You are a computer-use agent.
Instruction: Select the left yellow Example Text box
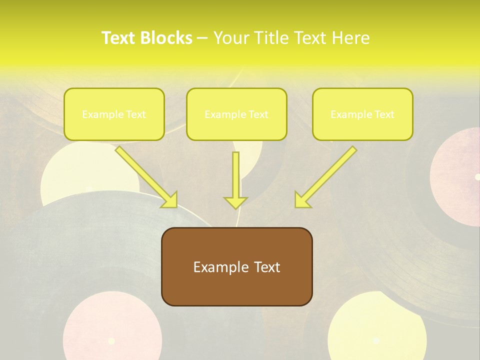click(x=114, y=114)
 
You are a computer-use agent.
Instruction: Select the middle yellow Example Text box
click(x=236, y=114)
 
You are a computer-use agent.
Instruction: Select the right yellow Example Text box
click(x=362, y=114)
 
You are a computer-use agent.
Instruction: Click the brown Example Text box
click(x=236, y=267)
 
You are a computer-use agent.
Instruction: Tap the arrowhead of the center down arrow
click(x=235, y=202)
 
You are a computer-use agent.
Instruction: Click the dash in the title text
click(x=202, y=38)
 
